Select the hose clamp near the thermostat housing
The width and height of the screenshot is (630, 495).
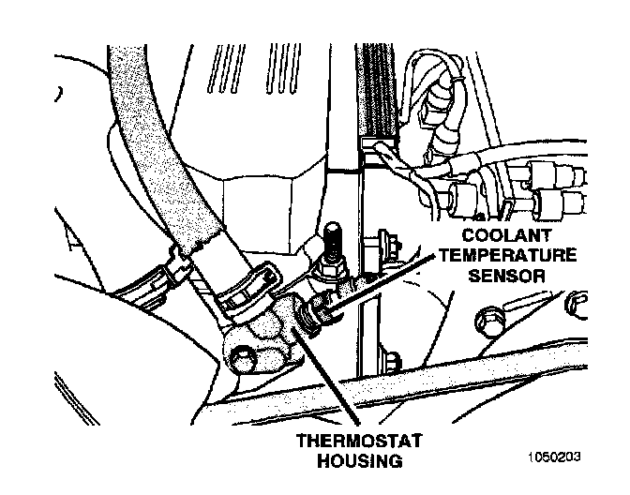coord(246,291)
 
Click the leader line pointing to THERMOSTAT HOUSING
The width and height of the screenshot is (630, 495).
coord(333,375)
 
